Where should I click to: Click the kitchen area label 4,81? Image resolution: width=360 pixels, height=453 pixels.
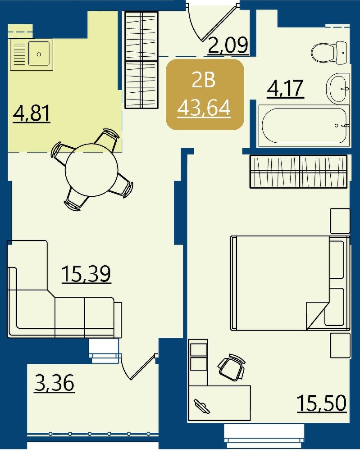32,113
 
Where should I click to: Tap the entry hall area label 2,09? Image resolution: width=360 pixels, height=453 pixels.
228,45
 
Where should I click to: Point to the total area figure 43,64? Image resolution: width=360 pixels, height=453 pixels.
204,108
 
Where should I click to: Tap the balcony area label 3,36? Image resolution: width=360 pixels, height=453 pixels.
55,383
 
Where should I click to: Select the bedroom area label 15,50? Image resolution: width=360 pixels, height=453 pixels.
322,403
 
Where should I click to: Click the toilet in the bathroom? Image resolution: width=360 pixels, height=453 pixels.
329,53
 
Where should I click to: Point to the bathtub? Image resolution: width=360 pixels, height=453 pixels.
304,126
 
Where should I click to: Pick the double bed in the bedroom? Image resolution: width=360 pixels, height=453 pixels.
290,283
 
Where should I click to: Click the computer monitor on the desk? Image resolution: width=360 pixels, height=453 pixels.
202,406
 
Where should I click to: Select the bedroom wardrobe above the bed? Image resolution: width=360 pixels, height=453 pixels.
298,172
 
